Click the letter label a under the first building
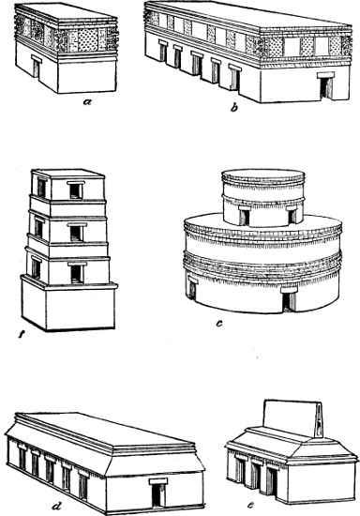[87, 101]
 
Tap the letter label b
[233, 108]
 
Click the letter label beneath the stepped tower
[22, 336]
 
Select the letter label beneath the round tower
[219, 324]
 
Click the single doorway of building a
[37, 67]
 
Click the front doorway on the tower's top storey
[76, 190]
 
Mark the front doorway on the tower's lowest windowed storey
[77, 272]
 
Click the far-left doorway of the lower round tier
[192, 288]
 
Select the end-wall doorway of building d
[158, 493]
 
